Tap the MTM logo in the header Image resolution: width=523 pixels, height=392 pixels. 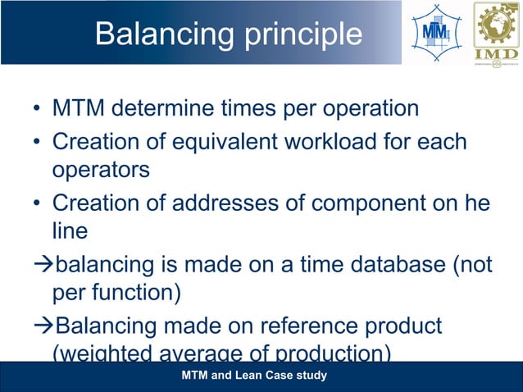click(x=434, y=33)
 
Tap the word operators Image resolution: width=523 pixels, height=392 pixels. click(x=101, y=170)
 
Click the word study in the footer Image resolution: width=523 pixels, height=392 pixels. click(x=312, y=376)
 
